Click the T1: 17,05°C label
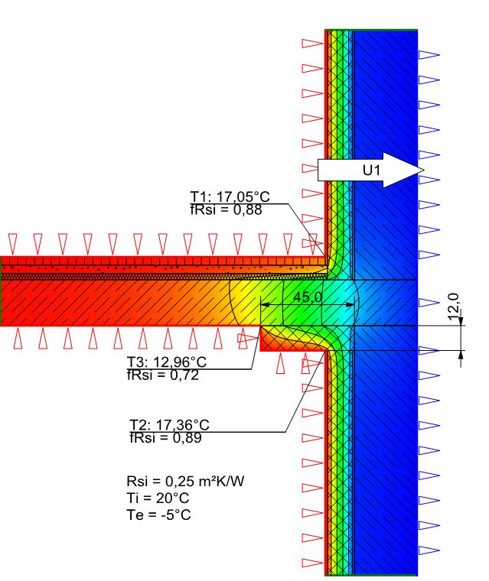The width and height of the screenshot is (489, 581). pyautogui.click(x=230, y=196)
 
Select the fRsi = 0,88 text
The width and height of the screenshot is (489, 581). pyautogui.click(x=226, y=210)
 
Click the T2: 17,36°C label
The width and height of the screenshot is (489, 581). pyautogui.click(x=170, y=424)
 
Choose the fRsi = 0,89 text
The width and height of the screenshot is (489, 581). pyautogui.click(x=166, y=437)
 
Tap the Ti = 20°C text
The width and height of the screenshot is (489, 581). pyautogui.click(x=154, y=498)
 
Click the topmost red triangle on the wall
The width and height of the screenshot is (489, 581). pyautogui.click(x=312, y=44)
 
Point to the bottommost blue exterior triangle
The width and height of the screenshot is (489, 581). pyautogui.click(x=429, y=549)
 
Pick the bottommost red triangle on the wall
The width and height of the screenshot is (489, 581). pyautogui.click(x=312, y=563)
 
